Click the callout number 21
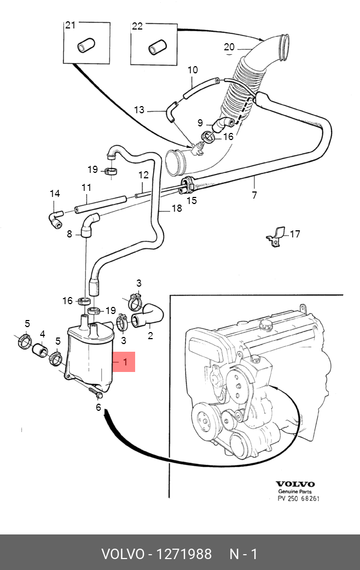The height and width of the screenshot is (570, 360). [x=71, y=25]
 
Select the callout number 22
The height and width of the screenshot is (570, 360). [x=137, y=26]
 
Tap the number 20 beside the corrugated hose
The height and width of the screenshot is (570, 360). [x=229, y=47]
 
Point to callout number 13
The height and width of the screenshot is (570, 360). [x=140, y=109]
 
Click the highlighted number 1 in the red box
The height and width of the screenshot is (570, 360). [x=125, y=362]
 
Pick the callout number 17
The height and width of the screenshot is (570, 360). [x=295, y=234]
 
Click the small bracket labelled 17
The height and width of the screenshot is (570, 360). [x=276, y=237]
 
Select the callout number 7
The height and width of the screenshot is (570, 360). [x=254, y=195]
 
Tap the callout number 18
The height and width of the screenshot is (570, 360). [x=177, y=208]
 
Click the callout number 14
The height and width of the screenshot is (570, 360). [x=55, y=194]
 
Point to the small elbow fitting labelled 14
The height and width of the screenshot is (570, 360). [x=56, y=219]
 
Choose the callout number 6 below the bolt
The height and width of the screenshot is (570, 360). [x=98, y=408]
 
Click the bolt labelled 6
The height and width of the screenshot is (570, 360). [x=95, y=393]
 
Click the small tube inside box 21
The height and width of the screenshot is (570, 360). [x=86, y=45]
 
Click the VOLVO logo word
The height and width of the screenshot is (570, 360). [x=295, y=484]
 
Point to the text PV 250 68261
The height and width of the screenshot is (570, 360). [x=299, y=498]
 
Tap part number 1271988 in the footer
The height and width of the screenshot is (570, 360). [x=184, y=554]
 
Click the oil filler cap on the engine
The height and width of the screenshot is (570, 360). [x=266, y=324]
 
